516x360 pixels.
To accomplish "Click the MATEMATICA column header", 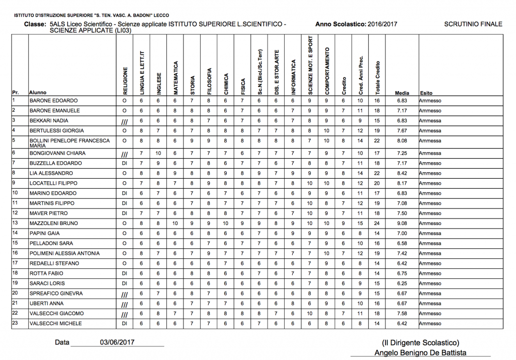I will [x=175, y=78].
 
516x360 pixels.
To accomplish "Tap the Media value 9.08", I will [x=402, y=223].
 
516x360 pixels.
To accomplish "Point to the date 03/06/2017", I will [x=117, y=342].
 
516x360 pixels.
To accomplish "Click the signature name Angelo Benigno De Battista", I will [x=420, y=352].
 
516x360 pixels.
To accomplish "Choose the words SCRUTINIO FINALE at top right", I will [x=473, y=24].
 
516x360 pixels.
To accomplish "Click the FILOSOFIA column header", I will [x=209, y=81].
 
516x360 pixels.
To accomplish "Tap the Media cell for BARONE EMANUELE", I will [x=402, y=110].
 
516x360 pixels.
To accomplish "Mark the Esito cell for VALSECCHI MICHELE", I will [x=430, y=323].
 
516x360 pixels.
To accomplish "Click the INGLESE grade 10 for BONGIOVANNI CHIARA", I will [x=158, y=153].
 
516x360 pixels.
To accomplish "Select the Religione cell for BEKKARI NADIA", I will [x=124, y=121].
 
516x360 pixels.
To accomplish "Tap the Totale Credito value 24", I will [x=377, y=223].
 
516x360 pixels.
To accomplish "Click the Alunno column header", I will [x=38, y=93].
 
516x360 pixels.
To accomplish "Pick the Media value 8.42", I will [x=402, y=173].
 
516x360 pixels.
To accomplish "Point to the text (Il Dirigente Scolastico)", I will [x=420, y=342].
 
